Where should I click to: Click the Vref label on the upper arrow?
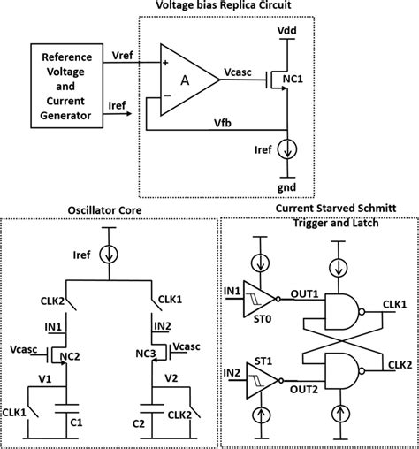122,55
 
